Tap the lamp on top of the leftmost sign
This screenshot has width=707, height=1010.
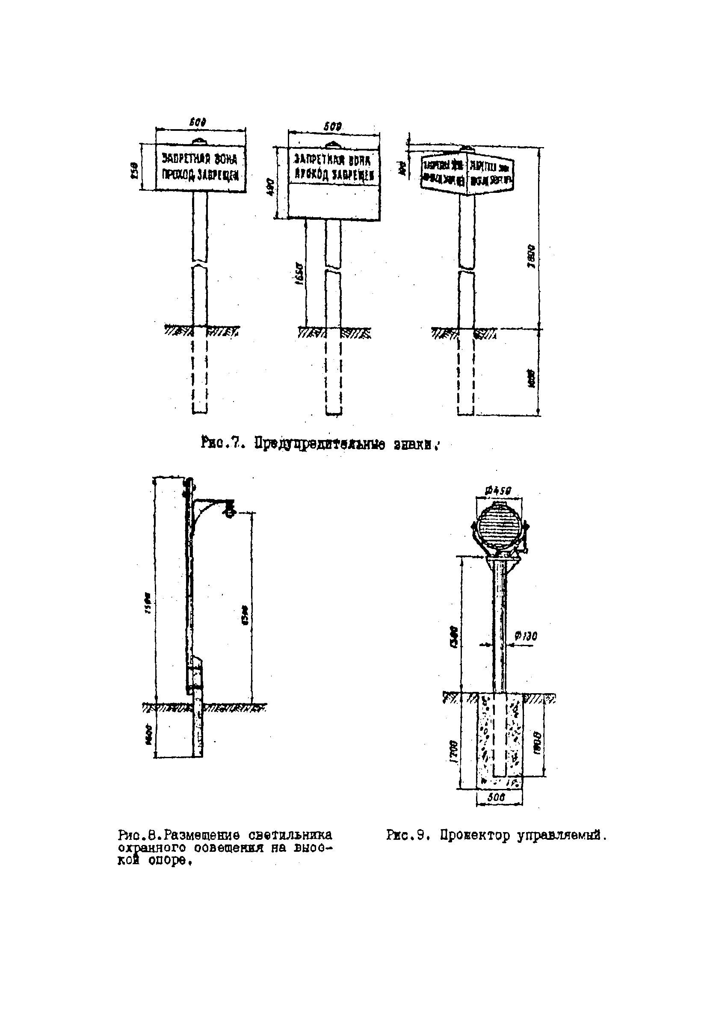[x=200, y=141]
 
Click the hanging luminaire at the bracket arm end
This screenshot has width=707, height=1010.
[x=230, y=510]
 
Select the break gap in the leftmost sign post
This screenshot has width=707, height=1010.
[x=200, y=265]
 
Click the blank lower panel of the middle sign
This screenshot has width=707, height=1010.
[x=334, y=201]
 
